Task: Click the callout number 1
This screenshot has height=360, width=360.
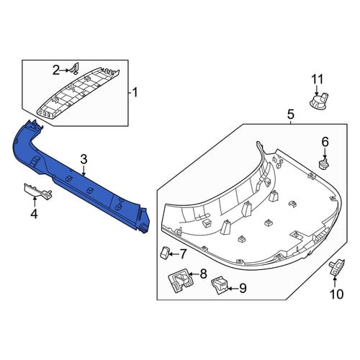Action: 135,92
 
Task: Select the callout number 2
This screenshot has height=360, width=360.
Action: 56,71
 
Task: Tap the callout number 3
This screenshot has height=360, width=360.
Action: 84,160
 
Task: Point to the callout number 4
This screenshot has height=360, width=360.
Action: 34,214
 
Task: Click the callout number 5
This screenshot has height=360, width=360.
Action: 290,114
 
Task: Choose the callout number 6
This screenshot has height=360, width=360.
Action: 325,142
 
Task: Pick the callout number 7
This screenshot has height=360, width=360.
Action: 183,254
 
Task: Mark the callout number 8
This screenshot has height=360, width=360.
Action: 203,274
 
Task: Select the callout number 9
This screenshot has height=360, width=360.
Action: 243,288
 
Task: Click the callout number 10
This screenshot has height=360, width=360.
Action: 337,294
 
